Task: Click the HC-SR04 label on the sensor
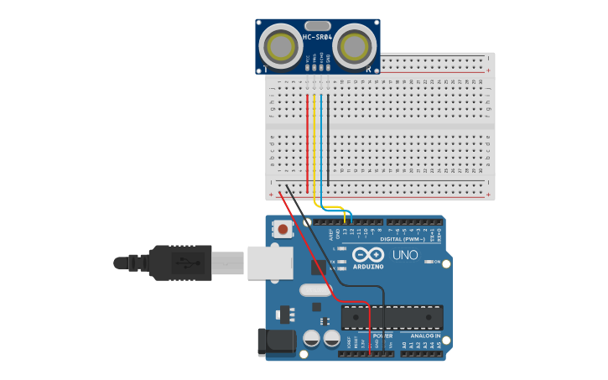pos(318,37)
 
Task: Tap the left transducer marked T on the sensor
pos(280,44)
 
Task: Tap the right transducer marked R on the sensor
pos(356,44)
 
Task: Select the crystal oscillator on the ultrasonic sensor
pos(318,25)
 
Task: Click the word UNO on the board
pos(405,255)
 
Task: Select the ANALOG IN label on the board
pos(425,336)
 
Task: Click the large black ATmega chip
pos(392,317)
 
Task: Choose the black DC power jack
pos(277,341)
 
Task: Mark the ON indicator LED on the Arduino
pos(428,263)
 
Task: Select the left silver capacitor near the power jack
pos(312,339)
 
